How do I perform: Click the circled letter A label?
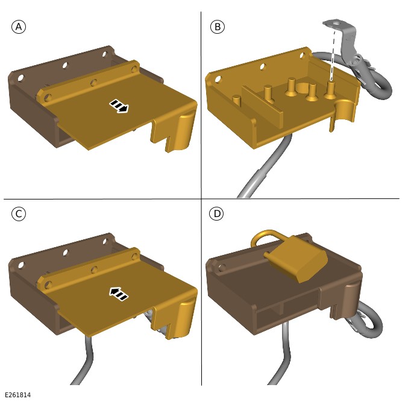pos(19,27)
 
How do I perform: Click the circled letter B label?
pos(218,27)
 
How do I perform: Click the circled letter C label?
pos(19,214)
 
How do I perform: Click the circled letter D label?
pos(216,214)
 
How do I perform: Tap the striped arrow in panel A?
pos(119,106)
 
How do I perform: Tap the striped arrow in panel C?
pos(119,294)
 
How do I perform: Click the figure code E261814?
pos(18,395)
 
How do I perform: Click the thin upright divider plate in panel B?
pos(262,106)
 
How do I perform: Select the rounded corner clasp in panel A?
pos(184,132)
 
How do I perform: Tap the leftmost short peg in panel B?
pos(236,100)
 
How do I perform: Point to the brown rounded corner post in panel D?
pos(353,295)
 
